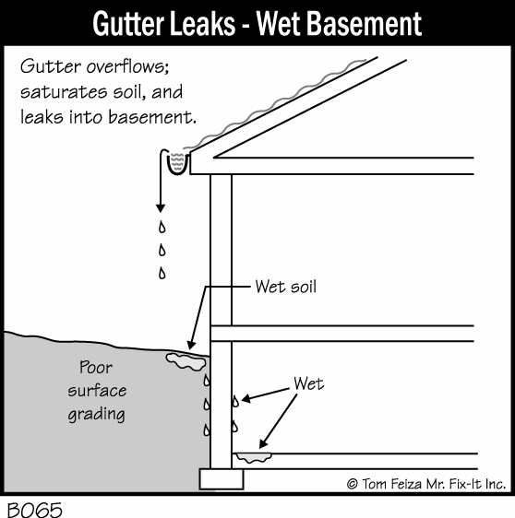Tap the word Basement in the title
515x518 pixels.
click(365, 24)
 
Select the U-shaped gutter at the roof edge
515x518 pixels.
click(178, 162)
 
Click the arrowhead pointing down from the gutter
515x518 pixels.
click(161, 208)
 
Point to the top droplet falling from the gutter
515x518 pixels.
click(162, 227)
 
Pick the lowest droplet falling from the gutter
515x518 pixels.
click(162, 273)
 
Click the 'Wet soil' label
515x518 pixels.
click(286, 287)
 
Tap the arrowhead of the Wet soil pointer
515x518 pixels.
click(191, 346)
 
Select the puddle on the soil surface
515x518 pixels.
click(186, 361)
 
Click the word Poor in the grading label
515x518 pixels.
click(96, 367)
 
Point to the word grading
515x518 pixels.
click(97, 415)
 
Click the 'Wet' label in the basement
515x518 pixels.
click(308, 383)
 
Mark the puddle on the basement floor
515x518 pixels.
click(254, 457)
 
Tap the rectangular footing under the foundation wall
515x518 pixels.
click(222, 479)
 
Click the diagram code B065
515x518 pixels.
click(35, 510)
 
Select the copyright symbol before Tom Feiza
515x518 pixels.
click(353, 484)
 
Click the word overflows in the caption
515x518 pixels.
click(128, 66)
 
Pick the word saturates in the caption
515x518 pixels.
click(64, 92)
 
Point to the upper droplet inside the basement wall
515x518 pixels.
click(235, 401)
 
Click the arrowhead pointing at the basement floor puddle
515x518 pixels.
click(263, 444)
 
